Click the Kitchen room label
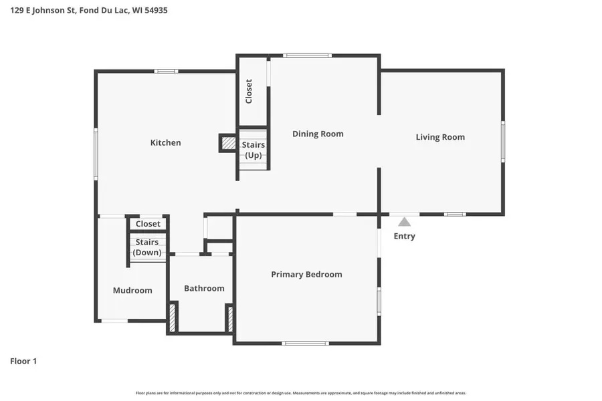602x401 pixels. tap(165, 142)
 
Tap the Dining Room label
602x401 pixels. tap(318, 134)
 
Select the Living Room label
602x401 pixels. tap(440, 137)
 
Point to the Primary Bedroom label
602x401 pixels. tap(306, 274)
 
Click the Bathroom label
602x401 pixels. tap(204, 288)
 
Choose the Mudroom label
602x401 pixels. tap(132, 290)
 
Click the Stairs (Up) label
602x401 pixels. tap(254, 150)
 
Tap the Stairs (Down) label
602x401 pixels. tap(147, 247)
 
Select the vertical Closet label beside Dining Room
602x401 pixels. tap(249, 91)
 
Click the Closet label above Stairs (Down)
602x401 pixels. tap(148, 224)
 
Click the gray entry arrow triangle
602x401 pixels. tap(404, 222)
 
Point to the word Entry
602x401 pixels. tap(404, 236)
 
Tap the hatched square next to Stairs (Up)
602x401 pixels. tap(229, 143)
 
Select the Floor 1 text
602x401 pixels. tap(23, 361)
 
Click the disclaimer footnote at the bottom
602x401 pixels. tap(301, 393)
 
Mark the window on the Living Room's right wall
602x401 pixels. tap(503, 141)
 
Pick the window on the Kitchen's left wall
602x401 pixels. tap(96, 154)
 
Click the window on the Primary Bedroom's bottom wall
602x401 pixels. tap(305, 344)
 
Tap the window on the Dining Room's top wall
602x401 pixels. tap(306, 55)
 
